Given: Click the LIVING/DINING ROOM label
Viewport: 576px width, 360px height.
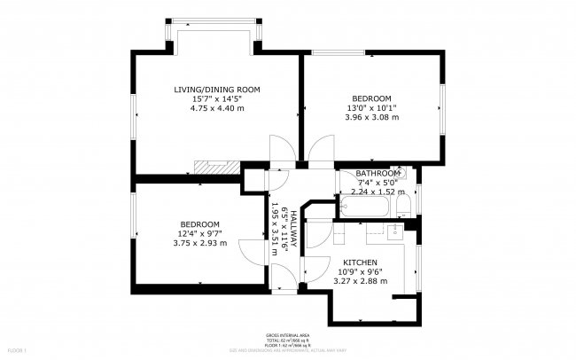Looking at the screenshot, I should pyautogui.click(x=217, y=90).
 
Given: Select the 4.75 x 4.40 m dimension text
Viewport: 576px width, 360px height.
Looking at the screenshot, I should pyautogui.click(x=217, y=108).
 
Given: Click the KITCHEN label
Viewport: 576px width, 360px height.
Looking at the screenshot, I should pyautogui.click(x=361, y=263).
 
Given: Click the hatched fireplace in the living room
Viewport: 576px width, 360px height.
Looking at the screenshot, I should pyautogui.click(x=213, y=166).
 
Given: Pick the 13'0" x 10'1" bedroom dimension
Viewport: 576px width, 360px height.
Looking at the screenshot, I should pyautogui.click(x=371, y=107).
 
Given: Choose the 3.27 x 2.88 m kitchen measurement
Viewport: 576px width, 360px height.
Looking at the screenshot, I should pyautogui.click(x=361, y=282).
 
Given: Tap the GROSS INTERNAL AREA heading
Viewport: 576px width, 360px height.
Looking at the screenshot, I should pyautogui.click(x=287, y=335).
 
